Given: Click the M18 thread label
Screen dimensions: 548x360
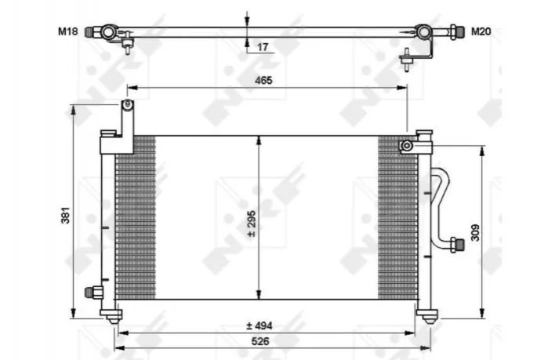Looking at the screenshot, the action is [67, 31].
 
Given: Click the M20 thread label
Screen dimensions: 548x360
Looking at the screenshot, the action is [481, 31].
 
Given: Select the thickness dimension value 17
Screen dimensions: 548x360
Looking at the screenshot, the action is [262, 47].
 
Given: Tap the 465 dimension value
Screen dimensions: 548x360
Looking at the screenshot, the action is [263, 80].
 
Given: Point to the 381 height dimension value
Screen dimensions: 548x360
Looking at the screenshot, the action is [65, 215].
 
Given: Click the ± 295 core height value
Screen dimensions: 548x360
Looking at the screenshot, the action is [252, 224].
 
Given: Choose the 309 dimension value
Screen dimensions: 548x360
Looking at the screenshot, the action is [475, 233].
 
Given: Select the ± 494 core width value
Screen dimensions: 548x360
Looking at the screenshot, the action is [259, 325].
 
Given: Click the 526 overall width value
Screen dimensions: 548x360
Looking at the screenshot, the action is [260, 341].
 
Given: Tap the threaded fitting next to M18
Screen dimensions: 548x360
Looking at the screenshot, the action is [90, 32].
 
